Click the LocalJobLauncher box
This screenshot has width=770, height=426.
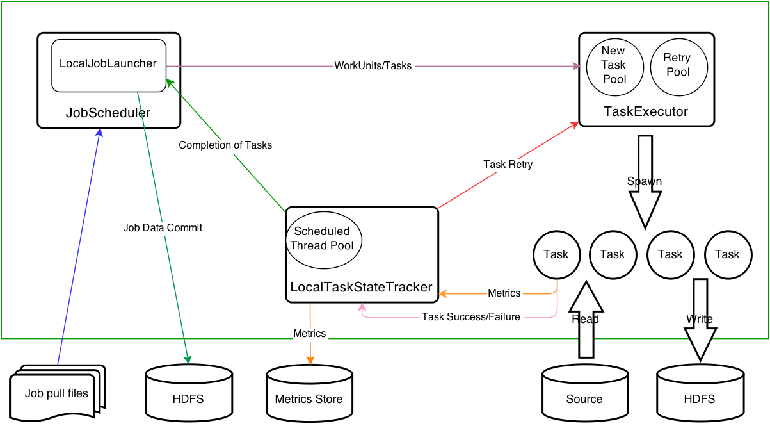pos(108,64)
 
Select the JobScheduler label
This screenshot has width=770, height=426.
pos(108,113)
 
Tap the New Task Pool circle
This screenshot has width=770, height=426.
pos(614,65)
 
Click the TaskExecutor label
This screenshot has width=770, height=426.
pos(646,111)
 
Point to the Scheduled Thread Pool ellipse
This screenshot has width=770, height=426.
pos(323,239)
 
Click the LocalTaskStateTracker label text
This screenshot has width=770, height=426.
pos(362,287)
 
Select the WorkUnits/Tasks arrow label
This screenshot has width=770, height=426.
pos(373,66)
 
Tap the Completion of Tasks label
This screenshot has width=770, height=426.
pos(225,145)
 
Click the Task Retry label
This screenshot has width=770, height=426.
pos(508,165)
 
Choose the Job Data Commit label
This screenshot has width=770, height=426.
pos(163,227)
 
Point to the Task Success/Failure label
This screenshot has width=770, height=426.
pos(471,316)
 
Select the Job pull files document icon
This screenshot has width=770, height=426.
pos(56,393)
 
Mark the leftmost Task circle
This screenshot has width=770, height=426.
pos(556,254)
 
